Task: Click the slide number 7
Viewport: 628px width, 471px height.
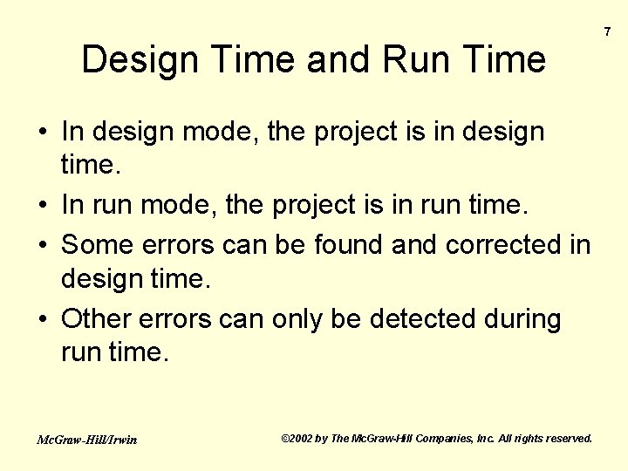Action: click(x=608, y=31)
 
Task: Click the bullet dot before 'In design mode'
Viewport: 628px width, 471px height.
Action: click(x=43, y=133)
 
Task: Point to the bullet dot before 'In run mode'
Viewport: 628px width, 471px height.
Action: click(x=43, y=206)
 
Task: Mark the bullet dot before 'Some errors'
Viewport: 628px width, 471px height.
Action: click(x=43, y=244)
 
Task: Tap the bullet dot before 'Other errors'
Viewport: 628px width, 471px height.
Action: click(x=43, y=320)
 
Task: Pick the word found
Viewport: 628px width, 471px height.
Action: click(x=345, y=244)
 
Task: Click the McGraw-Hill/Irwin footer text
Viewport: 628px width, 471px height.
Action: click(x=86, y=440)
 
